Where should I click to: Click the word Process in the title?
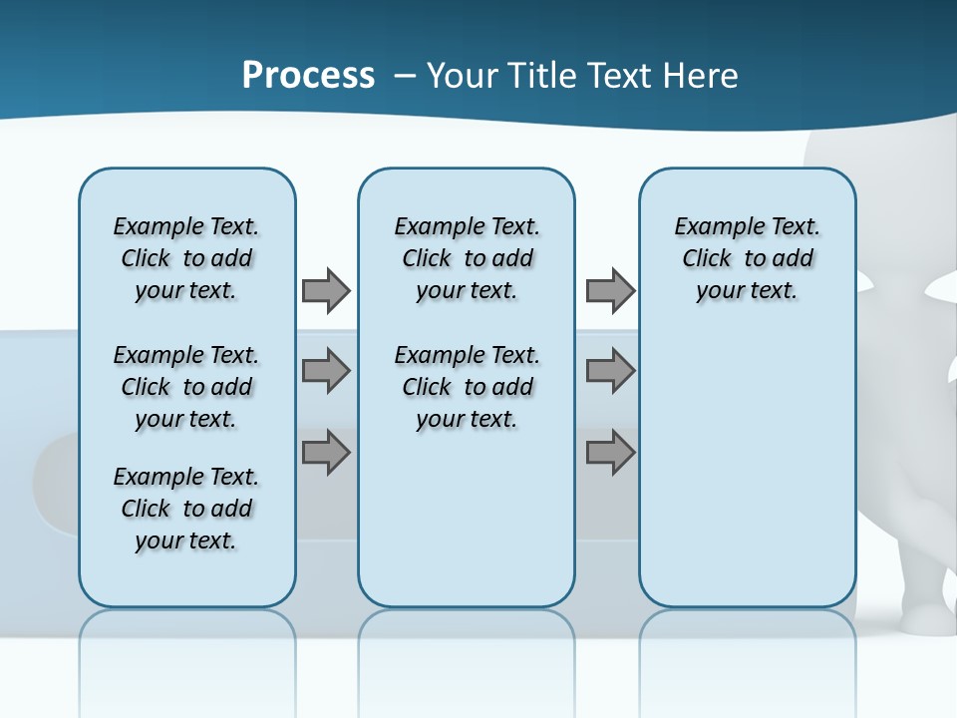point(308,75)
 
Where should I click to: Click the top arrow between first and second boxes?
point(326,290)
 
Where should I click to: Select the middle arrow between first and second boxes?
point(326,371)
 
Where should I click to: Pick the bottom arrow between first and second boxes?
point(326,454)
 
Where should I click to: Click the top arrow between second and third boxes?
point(610,290)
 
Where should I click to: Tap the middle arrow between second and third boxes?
point(610,371)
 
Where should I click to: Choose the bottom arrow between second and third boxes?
point(610,454)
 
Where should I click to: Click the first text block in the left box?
point(186,258)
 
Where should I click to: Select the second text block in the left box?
point(186,387)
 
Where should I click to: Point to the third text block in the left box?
point(186,509)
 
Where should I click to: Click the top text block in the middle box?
point(467,258)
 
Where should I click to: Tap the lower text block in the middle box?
point(467,387)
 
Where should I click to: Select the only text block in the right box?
point(747,258)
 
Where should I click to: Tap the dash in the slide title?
point(403,76)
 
